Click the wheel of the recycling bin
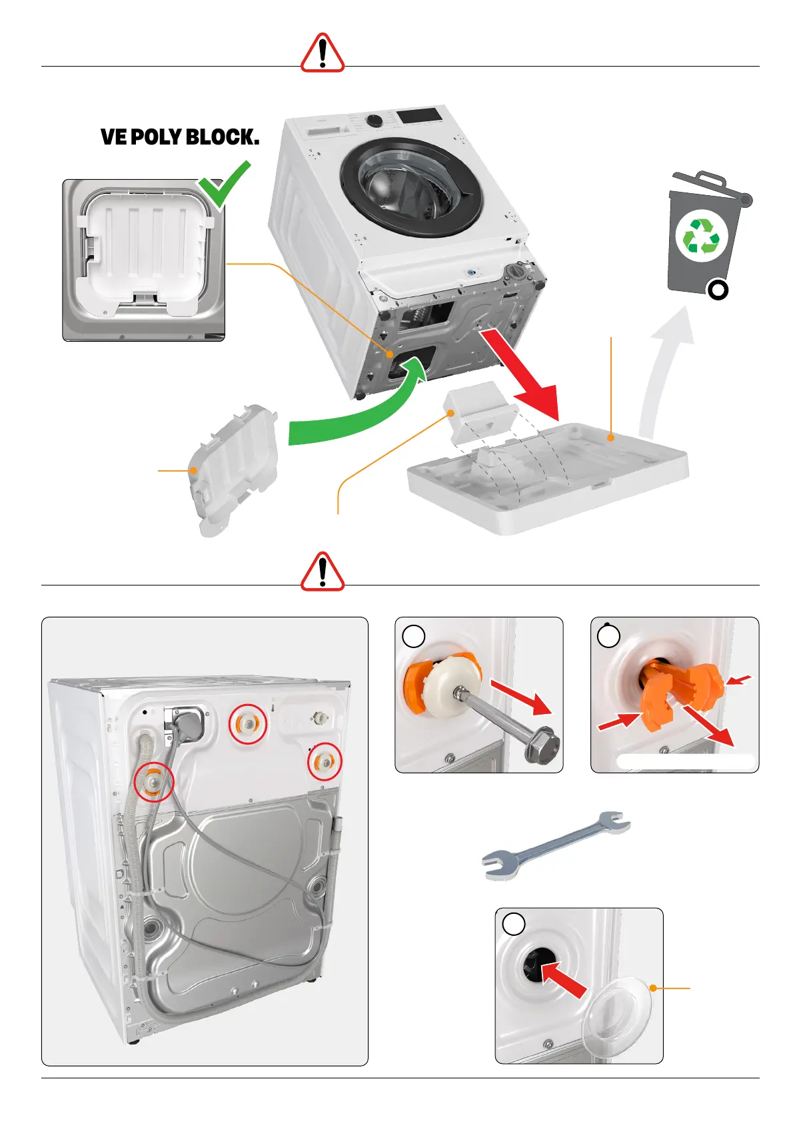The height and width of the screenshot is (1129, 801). tap(717, 290)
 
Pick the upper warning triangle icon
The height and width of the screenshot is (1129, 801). tap(323, 53)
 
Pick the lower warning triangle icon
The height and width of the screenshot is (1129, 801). tap(323, 572)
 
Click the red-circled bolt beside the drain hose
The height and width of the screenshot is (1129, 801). tap(154, 781)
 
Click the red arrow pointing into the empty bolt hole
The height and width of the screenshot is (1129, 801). tap(563, 979)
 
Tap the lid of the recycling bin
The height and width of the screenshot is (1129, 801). tap(706, 185)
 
